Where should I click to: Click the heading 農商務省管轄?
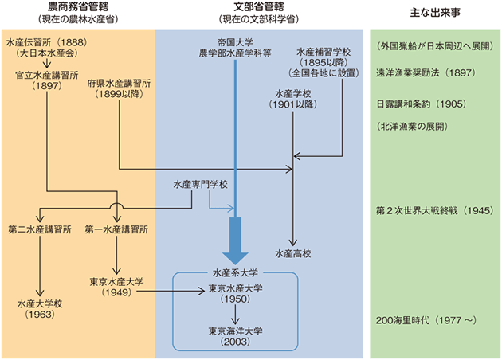[x=76, y=7]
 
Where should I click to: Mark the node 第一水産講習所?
[x=117, y=229]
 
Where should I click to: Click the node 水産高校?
[x=293, y=253]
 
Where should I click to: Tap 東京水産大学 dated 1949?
[x=117, y=281]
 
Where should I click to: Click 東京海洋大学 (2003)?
[x=237, y=331]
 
